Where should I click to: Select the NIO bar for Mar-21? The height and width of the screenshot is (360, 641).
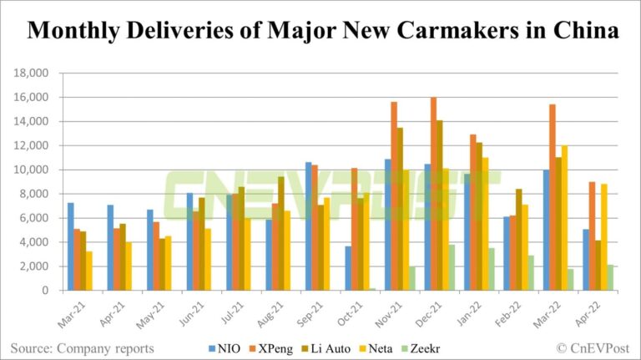tap(71, 246)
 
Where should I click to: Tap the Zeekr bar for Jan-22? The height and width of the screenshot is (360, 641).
tap(492, 269)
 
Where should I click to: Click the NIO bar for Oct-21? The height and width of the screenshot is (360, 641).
tap(348, 268)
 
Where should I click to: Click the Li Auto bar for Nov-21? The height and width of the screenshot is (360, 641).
tap(400, 209)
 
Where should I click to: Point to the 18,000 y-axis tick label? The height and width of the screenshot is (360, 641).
tap(32, 74)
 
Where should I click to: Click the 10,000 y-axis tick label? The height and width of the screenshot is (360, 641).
tap(32, 170)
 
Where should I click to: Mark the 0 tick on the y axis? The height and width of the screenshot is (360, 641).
tap(49, 291)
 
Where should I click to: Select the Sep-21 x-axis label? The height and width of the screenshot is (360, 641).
tap(311, 312)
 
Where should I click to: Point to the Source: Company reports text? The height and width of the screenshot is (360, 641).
tap(82, 346)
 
